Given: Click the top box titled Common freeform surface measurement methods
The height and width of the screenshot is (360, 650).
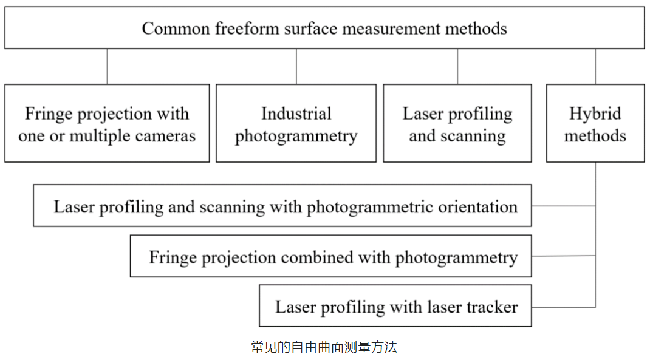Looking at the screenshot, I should click(324, 28).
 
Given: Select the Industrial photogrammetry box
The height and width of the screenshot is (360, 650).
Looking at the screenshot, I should click(296, 123).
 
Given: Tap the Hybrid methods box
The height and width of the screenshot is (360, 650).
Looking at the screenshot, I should click(595, 123).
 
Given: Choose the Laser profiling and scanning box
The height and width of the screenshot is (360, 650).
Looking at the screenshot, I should click(457, 123).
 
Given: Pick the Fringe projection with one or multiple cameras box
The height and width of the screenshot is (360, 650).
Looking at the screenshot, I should click(107, 123).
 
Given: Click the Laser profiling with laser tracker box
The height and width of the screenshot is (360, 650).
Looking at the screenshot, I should click(395, 306).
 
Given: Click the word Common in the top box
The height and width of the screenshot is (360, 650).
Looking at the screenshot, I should click(172, 28).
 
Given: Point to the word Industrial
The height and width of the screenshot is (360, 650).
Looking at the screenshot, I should click(296, 114).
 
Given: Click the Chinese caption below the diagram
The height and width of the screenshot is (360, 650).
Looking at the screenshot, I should click(324, 347).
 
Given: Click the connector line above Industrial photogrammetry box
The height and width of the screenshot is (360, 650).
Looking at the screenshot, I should click(296, 66).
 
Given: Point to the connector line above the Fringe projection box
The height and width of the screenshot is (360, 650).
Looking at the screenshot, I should click(107, 66).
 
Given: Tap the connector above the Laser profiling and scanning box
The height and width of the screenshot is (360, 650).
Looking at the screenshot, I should click(457, 66).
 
